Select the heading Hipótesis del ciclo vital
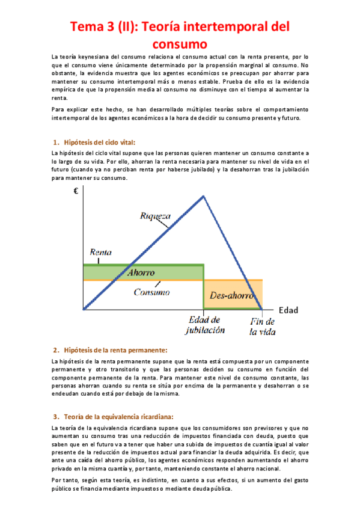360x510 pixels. click(x=99, y=142)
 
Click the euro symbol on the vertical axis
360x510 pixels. click(x=76, y=192)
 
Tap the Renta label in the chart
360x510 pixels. click(x=100, y=253)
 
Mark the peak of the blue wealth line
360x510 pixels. click(x=204, y=196)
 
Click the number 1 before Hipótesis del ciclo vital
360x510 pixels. click(x=56, y=142)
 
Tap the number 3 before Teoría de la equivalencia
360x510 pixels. click(x=55, y=416)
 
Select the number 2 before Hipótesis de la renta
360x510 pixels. click(x=55, y=349)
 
